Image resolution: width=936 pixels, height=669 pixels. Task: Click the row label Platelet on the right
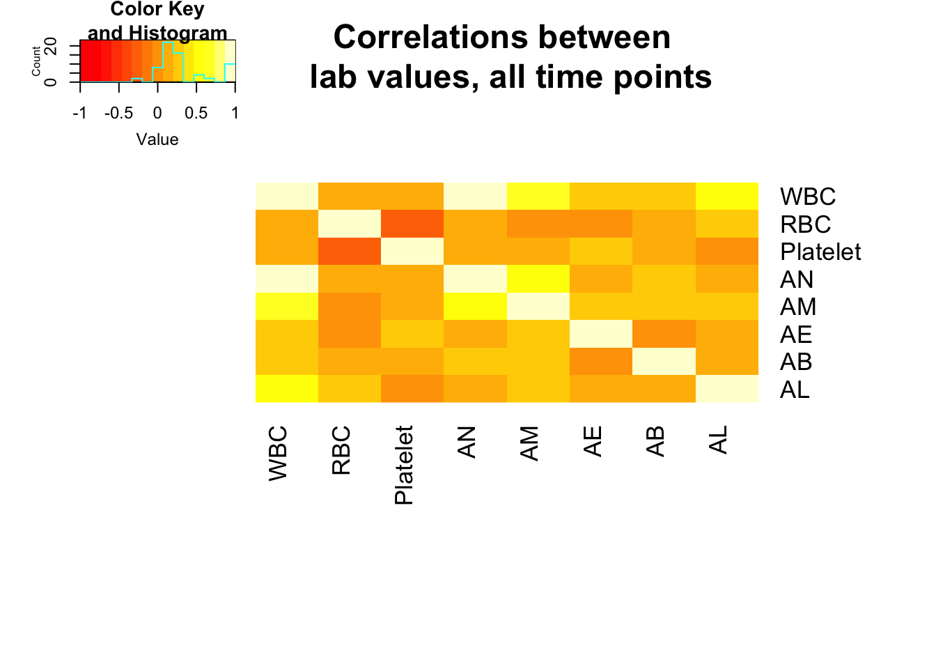(x=820, y=252)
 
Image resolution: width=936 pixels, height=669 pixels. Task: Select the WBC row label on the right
(x=808, y=196)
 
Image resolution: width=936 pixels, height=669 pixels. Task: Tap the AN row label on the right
(x=797, y=279)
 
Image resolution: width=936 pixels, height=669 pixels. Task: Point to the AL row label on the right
(x=795, y=390)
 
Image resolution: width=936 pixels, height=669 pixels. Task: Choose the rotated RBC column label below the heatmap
(x=341, y=450)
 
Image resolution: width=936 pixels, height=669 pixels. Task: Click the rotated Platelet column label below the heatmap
(x=404, y=466)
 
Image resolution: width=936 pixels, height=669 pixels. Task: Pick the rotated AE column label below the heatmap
(x=592, y=442)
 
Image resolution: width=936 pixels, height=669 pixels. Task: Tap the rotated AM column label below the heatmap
(x=529, y=443)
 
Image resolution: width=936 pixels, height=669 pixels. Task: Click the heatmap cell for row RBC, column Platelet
(x=412, y=224)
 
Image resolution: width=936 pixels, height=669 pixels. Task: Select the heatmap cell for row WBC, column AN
(x=475, y=196)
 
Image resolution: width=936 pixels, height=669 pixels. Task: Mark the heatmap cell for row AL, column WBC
(x=287, y=389)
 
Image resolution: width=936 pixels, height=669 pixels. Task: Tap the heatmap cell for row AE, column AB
(x=664, y=334)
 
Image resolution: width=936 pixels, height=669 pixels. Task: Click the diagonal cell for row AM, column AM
(x=538, y=306)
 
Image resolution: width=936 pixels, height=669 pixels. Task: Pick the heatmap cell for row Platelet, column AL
(x=727, y=252)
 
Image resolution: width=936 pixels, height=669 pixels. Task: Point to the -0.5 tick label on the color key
(x=118, y=113)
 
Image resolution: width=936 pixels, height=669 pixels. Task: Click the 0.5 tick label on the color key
(x=196, y=113)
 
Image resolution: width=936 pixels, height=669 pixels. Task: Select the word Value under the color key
(x=157, y=139)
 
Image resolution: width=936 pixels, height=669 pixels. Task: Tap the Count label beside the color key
(x=36, y=61)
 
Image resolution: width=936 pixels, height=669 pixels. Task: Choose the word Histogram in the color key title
(x=178, y=33)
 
